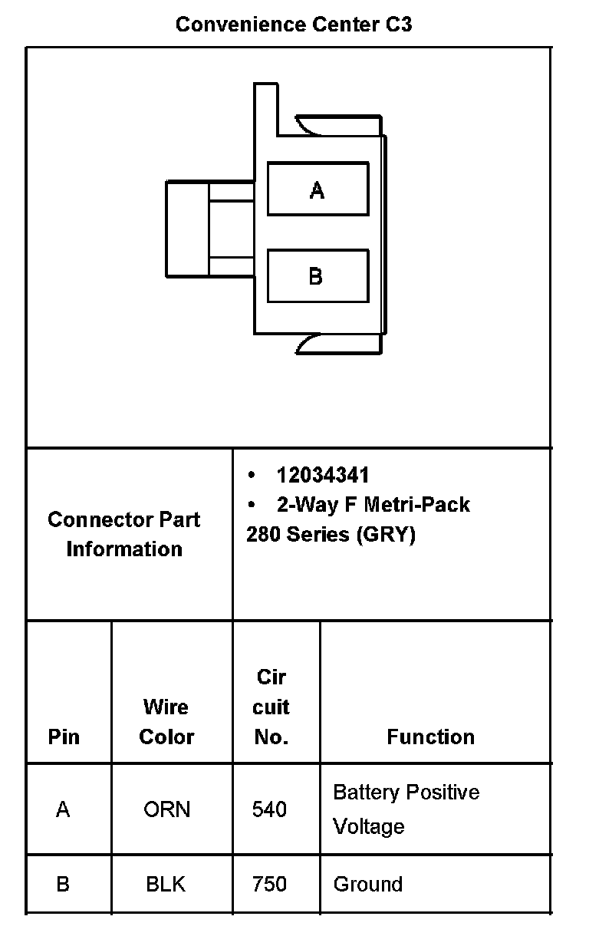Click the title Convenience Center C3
click(x=294, y=25)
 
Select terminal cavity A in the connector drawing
click(x=318, y=189)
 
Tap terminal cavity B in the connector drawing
click(x=318, y=275)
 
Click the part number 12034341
click(x=323, y=476)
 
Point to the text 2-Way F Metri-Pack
click(x=373, y=505)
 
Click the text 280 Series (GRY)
click(x=331, y=534)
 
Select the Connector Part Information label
click(x=124, y=534)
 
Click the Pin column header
click(x=64, y=737)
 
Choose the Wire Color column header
click(x=166, y=721)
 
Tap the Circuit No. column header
click(x=271, y=707)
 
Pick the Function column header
click(x=430, y=737)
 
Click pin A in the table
click(x=63, y=809)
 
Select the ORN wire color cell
click(x=166, y=809)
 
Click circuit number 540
click(x=270, y=809)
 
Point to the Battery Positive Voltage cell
click(x=406, y=809)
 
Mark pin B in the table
click(x=63, y=884)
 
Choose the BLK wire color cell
click(x=166, y=884)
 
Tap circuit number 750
click(x=270, y=884)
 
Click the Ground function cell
click(x=368, y=884)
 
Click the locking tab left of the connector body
click(x=186, y=229)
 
